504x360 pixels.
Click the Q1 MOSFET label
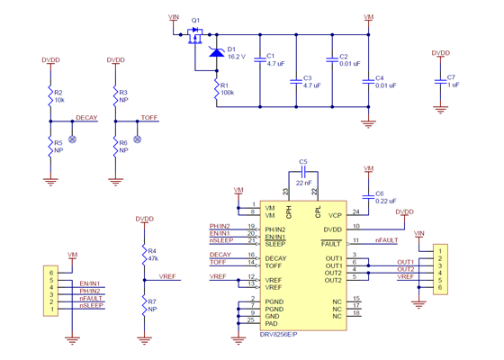[x=196, y=19]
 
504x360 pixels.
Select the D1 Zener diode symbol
[x=216, y=52]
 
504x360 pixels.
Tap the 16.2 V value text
[x=237, y=57]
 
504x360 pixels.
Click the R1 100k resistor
[x=216, y=88]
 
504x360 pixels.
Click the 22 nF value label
[x=303, y=182]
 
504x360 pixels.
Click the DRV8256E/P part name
[x=279, y=334]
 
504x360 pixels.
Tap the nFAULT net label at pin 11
[x=386, y=240]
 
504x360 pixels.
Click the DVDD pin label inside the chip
[x=331, y=229]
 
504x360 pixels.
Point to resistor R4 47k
[x=143, y=254]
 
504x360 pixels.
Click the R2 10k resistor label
[x=58, y=95]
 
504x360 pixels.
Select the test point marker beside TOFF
[x=137, y=139]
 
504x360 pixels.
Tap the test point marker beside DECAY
[x=72, y=139]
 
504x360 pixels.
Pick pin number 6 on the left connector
[x=51, y=271]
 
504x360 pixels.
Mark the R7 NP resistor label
[x=152, y=304]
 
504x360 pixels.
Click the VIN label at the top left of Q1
[x=174, y=17]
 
